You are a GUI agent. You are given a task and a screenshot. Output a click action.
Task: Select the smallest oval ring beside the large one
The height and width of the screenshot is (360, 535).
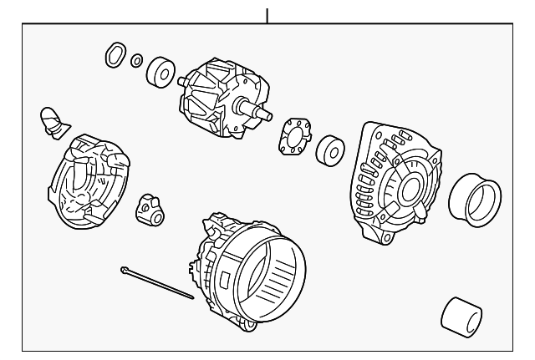click(136, 59)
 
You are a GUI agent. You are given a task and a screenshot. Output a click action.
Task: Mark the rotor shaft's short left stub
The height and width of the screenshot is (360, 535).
click(180, 80)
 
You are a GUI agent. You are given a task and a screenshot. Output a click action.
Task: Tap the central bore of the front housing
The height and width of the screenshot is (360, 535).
click(411, 189)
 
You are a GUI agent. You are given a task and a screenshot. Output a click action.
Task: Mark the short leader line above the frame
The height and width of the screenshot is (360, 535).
click(267, 15)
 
